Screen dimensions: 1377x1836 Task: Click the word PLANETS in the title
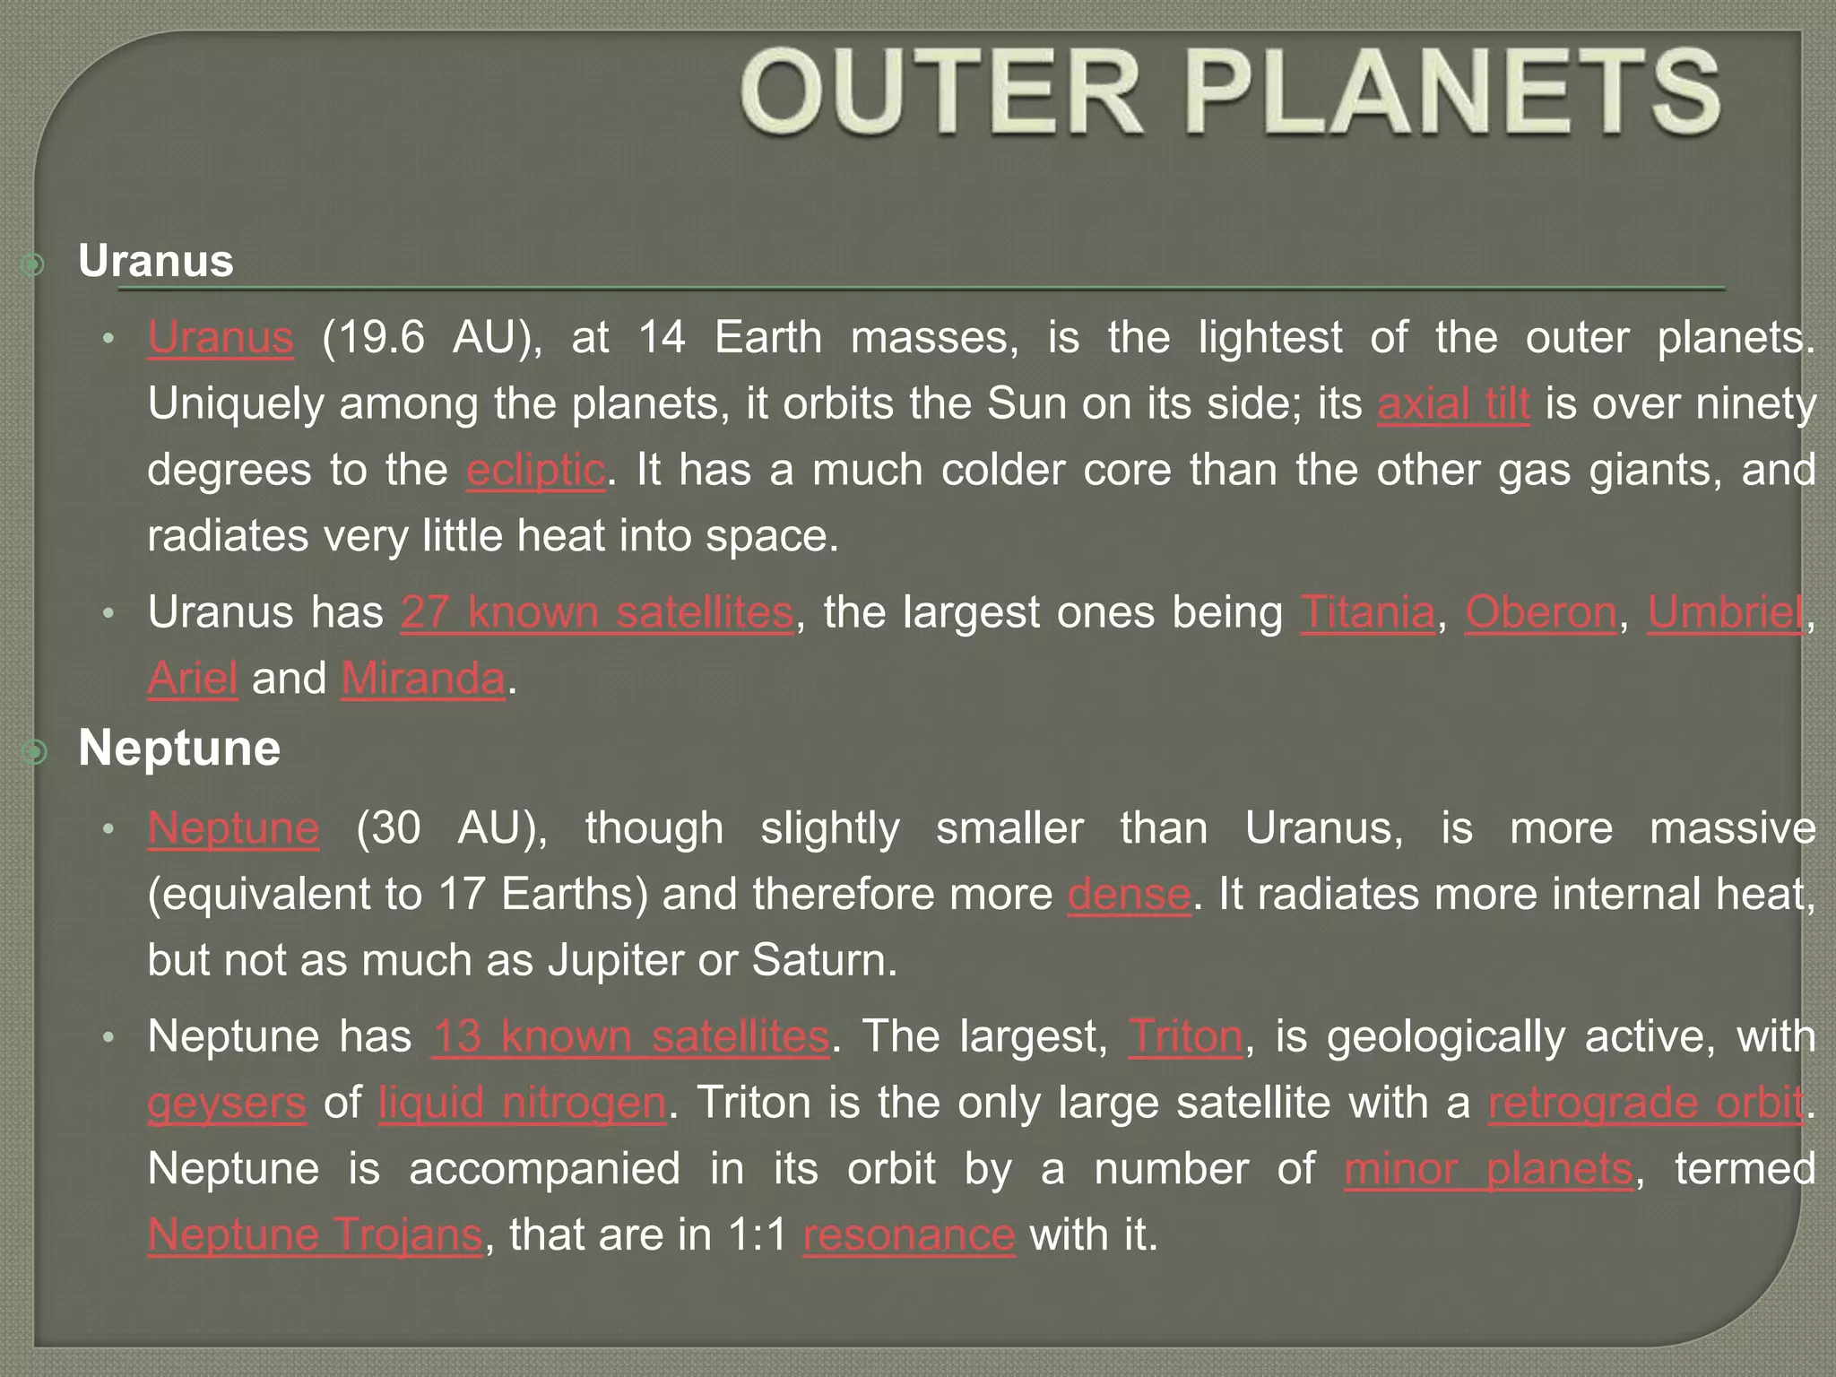point(1452,94)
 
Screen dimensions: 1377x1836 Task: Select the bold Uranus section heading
point(156,261)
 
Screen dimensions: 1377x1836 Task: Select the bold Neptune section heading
point(179,748)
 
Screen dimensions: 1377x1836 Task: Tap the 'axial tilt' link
point(1453,403)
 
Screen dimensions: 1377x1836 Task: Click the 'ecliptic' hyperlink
point(536,470)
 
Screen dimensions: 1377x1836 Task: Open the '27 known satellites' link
point(597,612)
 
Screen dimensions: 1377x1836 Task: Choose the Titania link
point(1368,612)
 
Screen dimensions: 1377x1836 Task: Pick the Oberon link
point(1541,612)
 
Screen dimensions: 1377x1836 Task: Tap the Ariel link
point(193,679)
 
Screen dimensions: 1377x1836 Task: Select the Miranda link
point(423,679)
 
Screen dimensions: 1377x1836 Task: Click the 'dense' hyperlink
point(1129,894)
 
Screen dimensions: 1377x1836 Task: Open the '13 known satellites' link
point(631,1036)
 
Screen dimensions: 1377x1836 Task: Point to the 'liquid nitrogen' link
point(523,1103)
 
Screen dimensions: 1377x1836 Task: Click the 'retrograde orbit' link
point(1646,1103)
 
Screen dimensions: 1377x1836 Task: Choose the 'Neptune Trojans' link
point(316,1234)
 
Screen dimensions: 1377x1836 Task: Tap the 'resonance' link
point(909,1234)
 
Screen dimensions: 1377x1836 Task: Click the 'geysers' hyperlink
point(227,1103)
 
